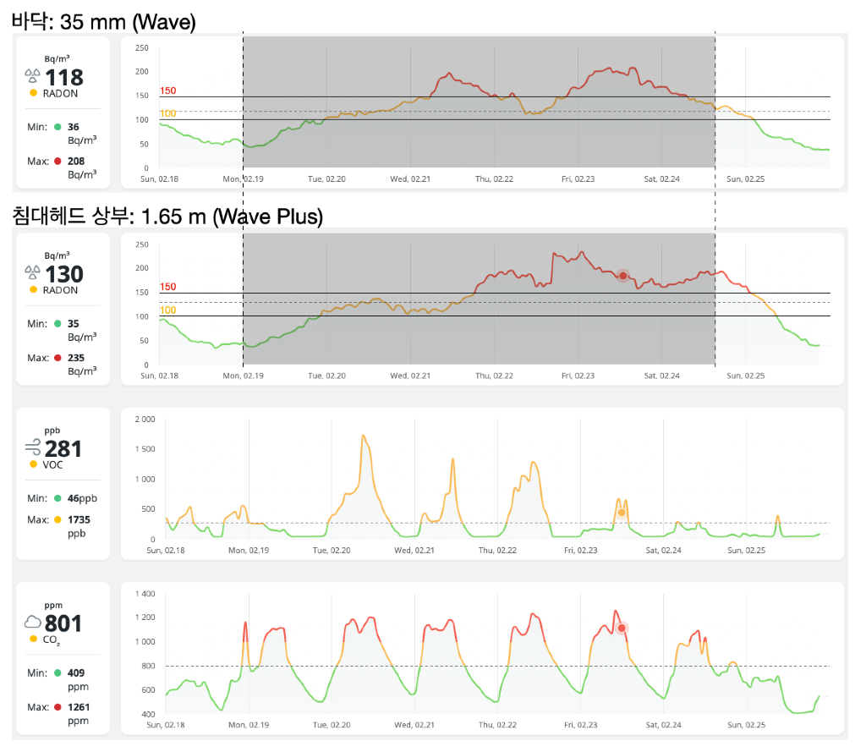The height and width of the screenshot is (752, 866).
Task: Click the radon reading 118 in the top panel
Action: coord(64,78)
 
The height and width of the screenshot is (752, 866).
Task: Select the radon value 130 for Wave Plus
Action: coord(64,274)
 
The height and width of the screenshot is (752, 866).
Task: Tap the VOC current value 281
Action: coord(63,448)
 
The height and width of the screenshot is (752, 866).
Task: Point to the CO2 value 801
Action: coord(63,623)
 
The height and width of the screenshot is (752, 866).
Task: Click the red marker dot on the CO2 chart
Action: coord(622,628)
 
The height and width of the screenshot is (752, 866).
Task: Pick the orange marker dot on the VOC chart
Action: coord(622,513)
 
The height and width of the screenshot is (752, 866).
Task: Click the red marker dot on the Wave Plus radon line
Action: coord(622,276)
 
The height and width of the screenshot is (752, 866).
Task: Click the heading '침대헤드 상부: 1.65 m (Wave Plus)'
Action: coord(167,217)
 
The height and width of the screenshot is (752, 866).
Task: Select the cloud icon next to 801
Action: coord(33,623)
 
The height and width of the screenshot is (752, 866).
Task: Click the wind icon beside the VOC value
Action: coord(33,448)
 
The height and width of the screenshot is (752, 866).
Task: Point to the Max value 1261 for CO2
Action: coord(79,707)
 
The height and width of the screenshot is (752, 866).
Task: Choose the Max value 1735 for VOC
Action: coord(79,519)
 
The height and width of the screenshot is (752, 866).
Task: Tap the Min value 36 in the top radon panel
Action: coord(74,126)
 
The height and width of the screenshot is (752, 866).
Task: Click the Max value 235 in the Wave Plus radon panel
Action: coord(76,357)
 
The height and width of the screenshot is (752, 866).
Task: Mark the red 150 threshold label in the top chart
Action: coord(167,91)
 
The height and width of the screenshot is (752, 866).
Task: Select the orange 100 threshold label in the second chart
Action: coord(167,310)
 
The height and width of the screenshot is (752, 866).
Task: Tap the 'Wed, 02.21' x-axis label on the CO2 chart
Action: coord(413,725)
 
